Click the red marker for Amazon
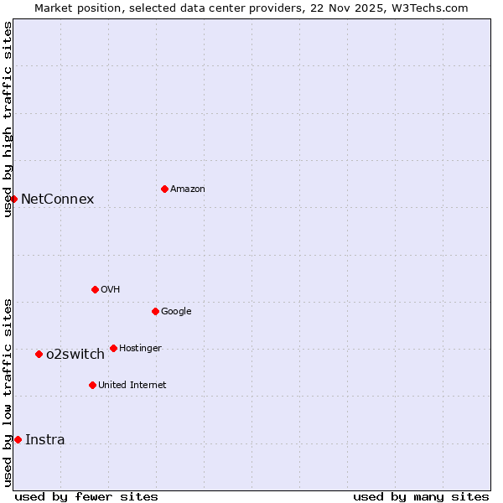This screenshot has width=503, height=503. (164, 189)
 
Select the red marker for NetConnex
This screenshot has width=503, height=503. (14, 199)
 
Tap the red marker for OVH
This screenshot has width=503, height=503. (95, 289)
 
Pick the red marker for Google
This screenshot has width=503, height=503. (155, 311)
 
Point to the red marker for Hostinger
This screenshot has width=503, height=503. (113, 348)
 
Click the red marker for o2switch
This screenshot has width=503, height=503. (39, 354)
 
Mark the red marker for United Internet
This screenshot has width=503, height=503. (92, 385)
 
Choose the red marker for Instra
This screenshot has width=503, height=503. (18, 439)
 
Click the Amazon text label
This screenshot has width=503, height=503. (188, 189)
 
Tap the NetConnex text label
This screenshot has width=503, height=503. (57, 200)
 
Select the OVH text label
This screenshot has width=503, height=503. (111, 290)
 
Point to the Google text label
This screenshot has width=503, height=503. (176, 312)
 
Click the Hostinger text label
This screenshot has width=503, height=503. (140, 349)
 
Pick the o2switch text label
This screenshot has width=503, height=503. (75, 355)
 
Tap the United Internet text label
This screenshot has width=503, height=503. (132, 386)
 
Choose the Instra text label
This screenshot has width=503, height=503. (45, 440)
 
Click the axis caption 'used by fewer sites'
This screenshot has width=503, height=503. (86, 496)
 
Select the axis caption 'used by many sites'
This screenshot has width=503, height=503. (421, 496)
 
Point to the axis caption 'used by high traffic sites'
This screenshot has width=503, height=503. (8, 119)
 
